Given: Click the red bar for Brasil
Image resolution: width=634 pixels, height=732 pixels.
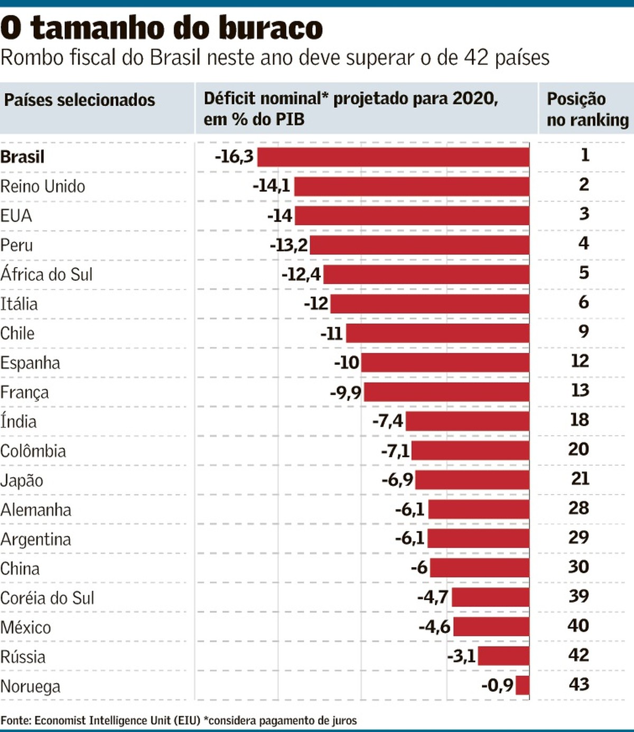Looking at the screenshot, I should (x=393, y=157).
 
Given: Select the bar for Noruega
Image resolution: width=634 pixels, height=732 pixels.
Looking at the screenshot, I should (x=523, y=685).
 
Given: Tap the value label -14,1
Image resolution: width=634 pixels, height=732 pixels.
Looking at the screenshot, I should (x=272, y=186).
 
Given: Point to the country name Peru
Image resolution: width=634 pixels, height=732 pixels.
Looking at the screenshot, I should (x=16, y=245).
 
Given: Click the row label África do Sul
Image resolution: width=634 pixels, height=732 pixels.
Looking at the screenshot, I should (x=46, y=274).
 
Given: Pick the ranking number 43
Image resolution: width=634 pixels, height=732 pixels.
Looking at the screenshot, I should (x=579, y=684).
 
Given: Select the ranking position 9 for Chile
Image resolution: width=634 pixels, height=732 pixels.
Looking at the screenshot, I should (x=583, y=332).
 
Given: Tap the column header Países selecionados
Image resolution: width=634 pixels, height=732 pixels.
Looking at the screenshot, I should (x=80, y=100).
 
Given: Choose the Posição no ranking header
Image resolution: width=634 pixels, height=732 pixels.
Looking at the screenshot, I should (x=587, y=109).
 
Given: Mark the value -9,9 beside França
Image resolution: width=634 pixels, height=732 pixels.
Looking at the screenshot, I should (x=346, y=392).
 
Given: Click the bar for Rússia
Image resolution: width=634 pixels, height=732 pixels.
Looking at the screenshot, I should (x=504, y=656).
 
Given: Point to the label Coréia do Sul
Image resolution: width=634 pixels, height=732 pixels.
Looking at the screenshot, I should (x=47, y=598).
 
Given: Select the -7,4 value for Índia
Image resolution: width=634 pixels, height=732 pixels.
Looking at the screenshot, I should (x=388, y=422).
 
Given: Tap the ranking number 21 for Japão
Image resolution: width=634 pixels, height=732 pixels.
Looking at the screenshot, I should (x=580, y=479).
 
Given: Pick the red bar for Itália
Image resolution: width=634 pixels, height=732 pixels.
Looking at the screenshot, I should (x=430, y=304).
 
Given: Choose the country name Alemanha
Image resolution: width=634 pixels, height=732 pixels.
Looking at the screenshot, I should (x=36, y=510).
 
